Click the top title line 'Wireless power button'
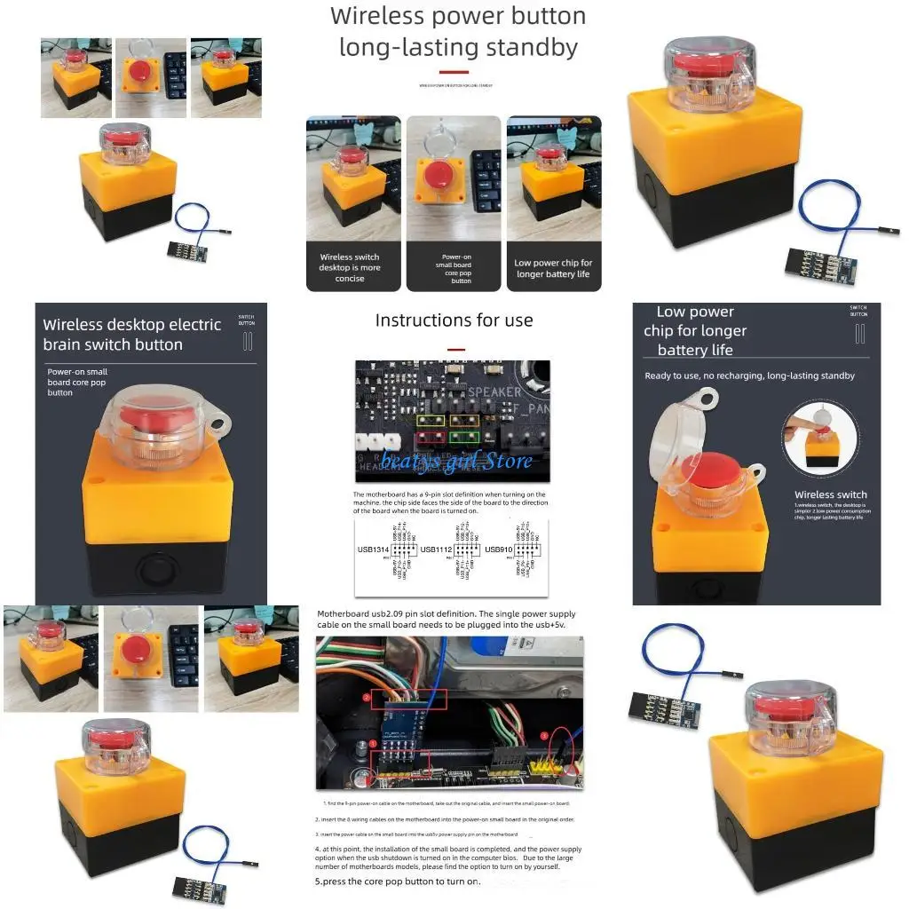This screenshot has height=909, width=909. [x=458, y=17]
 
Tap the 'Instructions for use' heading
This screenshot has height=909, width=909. [x=454, y=320]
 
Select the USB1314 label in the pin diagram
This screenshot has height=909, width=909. [x=372, y=549]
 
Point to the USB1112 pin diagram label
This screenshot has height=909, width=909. [x=437, y=549]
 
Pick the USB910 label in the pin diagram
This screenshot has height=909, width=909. [x=500, y=549]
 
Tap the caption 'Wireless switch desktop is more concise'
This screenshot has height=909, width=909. [x=350, y=267]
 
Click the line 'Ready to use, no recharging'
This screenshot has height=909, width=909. [x=749, y=375]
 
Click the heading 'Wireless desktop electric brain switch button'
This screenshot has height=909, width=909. [x=131, y=335]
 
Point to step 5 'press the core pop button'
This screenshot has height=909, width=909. [x=398, y=881]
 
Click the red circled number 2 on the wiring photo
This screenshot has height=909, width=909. [x=367, y=698]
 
